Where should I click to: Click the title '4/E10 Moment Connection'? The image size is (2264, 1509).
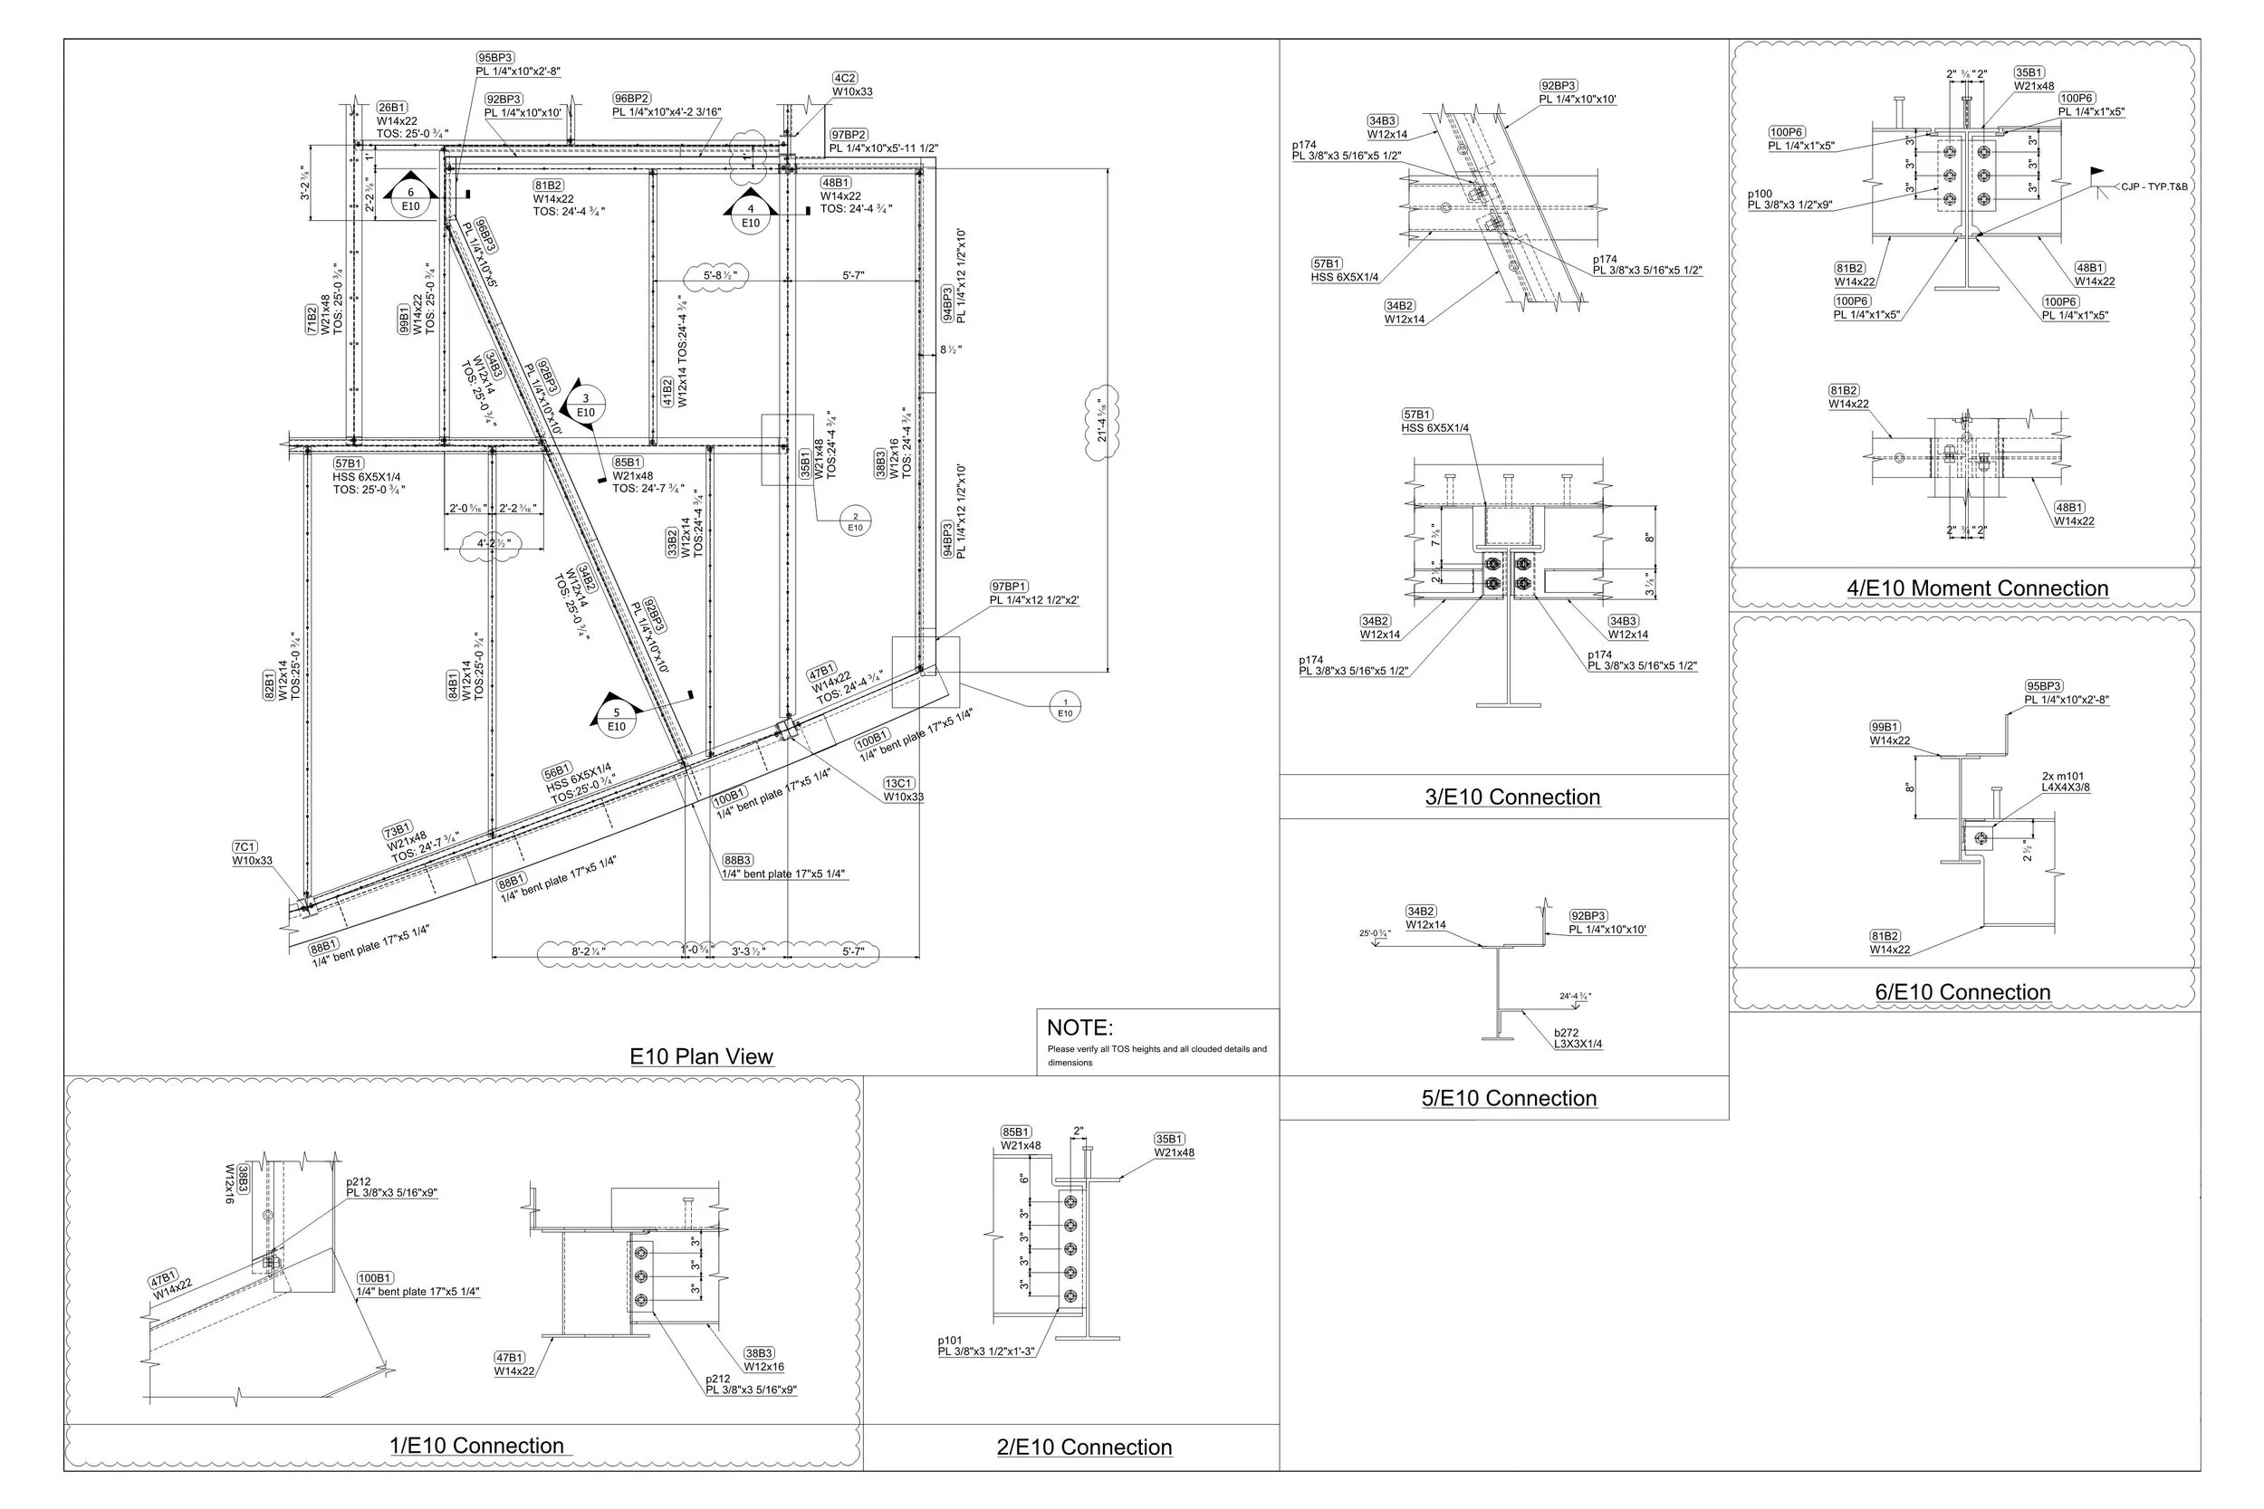[x=1977, y=588]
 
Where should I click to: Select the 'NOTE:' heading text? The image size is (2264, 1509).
[x=1079, y=1027]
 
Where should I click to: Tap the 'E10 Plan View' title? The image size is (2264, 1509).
[x=701, y=1055]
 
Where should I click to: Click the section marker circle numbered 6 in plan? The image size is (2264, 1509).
[x=410, y=199]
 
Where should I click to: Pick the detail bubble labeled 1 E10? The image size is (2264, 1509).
[x=1065, y=706]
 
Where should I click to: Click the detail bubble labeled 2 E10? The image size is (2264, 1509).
[x=855, y=521]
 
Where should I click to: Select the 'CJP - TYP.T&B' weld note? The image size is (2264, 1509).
[x=2154, y=186]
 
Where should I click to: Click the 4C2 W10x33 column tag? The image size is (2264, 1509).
[x=851, y=85]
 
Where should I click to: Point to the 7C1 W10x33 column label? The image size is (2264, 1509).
[x=251, y=854]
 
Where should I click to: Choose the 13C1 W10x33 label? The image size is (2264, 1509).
[x=903, y=790]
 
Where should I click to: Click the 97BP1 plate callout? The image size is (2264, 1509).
[x=1033, y=593]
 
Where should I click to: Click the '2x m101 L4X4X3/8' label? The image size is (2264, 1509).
[x=2065, y=781]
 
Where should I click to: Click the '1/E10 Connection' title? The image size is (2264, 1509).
[x=475, y=1446]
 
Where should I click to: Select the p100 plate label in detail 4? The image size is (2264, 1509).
[x=1789, y=199]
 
